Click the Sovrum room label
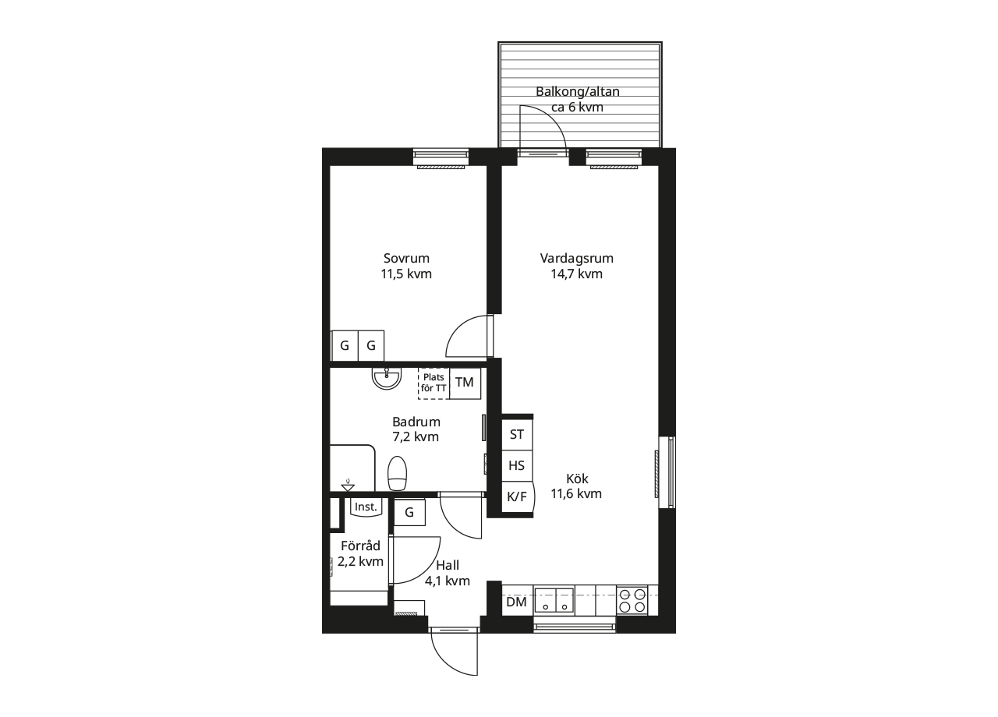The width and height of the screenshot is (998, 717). click(x=406, y=258)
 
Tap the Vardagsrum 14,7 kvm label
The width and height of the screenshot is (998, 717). click(x=576, y=266)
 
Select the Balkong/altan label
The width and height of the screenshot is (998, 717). click(x=578, y=92)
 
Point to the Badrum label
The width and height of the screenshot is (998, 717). click(x=416, y=422)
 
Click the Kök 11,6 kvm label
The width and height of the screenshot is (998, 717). click(x=576, y=486)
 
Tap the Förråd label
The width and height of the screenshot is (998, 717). click(x=360, y=546)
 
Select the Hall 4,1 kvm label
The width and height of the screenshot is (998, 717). click(x=448, y=573)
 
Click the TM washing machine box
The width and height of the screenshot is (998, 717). click(x=465, y=383)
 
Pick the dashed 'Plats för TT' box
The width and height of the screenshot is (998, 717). click(x=434, y=383)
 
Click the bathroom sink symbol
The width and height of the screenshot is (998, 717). click(x=387, y=378)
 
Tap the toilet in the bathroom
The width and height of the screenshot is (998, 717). click(x=397, y=473)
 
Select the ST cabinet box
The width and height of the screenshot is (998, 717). click(x=517, y=435)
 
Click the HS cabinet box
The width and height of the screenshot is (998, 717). click(x=517, y=466)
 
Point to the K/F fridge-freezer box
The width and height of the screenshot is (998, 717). click(x=518, y=497)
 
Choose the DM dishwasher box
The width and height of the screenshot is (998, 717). click(x=517, y=602)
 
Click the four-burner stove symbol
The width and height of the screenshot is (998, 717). click(x=632, y=601)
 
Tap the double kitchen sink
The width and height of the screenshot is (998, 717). click(x=554, y=600)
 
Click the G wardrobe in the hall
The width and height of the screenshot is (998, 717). click(x=409, y=513)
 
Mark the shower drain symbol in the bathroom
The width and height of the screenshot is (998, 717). click(x=348, y=486)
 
